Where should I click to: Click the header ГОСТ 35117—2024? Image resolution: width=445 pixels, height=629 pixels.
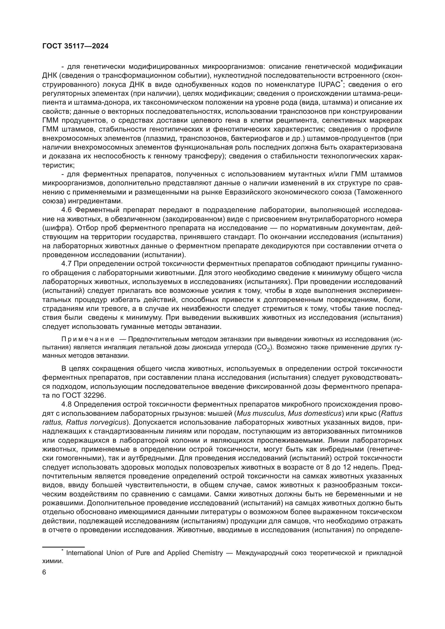tap(75, 46)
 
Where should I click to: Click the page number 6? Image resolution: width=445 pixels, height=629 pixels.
tap(44, 572)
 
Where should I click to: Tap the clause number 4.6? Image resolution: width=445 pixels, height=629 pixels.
tap(67, 210)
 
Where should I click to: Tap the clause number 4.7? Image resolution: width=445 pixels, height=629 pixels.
tap(67, 264)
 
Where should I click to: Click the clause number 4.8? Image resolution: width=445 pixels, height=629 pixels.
tap(67, 404)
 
